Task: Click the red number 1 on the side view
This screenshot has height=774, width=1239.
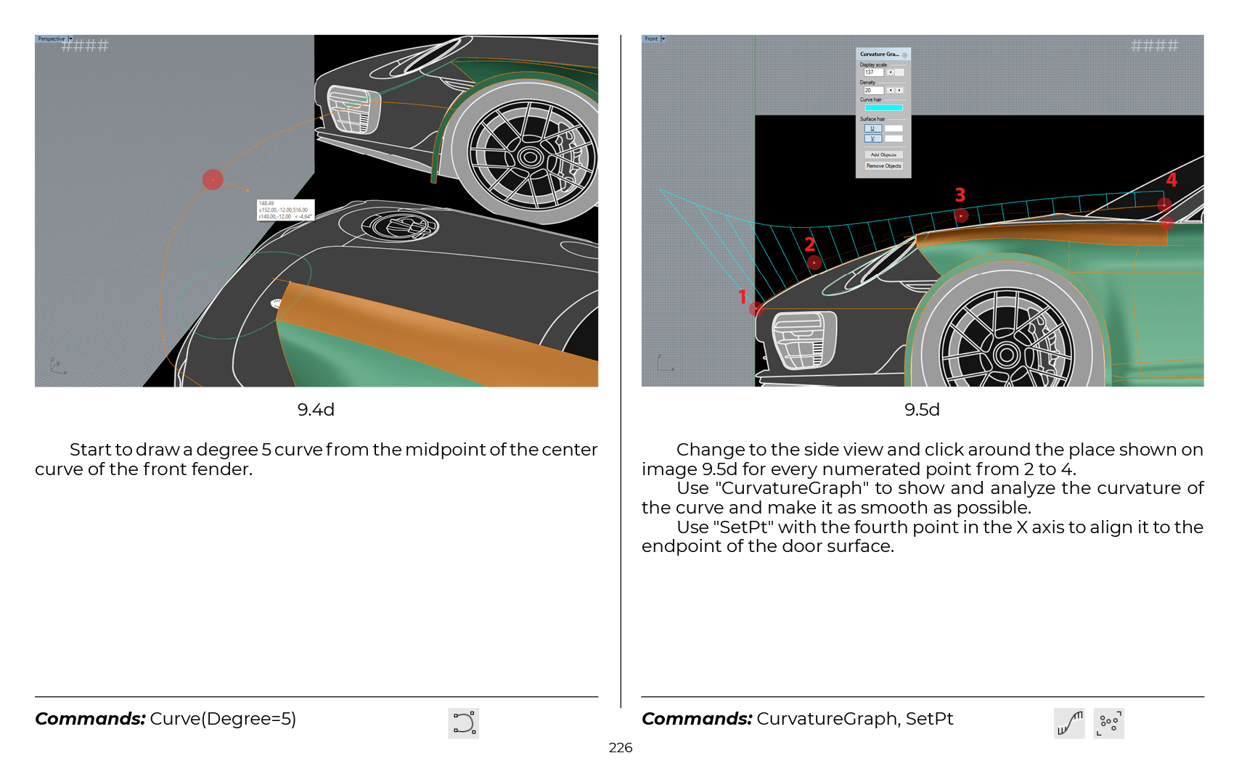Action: tap(742, 297)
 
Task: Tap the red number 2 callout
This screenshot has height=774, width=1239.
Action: tap(809, 244)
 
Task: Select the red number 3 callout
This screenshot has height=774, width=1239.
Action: tap(960, 194)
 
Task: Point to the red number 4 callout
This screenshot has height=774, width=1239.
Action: tap(1171, 180)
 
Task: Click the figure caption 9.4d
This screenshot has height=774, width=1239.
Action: tap(316, 410)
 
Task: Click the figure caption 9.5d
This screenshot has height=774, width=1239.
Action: tap(922, 410)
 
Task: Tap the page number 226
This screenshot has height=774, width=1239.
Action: tap(620, 748)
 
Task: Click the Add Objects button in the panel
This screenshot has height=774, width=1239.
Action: tap(883, 155)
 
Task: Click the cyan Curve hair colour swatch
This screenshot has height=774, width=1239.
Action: tap(883, 107)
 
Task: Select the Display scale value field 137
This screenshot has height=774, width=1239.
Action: tap(873, 73)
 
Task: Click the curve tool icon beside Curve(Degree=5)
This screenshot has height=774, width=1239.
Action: tap(464, 723)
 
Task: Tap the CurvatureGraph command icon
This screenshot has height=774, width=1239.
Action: tap(1069, 723)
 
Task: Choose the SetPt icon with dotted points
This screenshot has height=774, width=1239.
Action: tap(1108, 723)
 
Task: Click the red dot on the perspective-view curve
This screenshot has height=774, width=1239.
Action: tap(213, 179)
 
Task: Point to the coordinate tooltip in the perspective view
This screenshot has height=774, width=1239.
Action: tap(285, 210)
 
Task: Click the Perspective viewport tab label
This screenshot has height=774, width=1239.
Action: tap(52, 39)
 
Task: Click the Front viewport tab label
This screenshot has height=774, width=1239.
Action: tap(651, 39)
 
